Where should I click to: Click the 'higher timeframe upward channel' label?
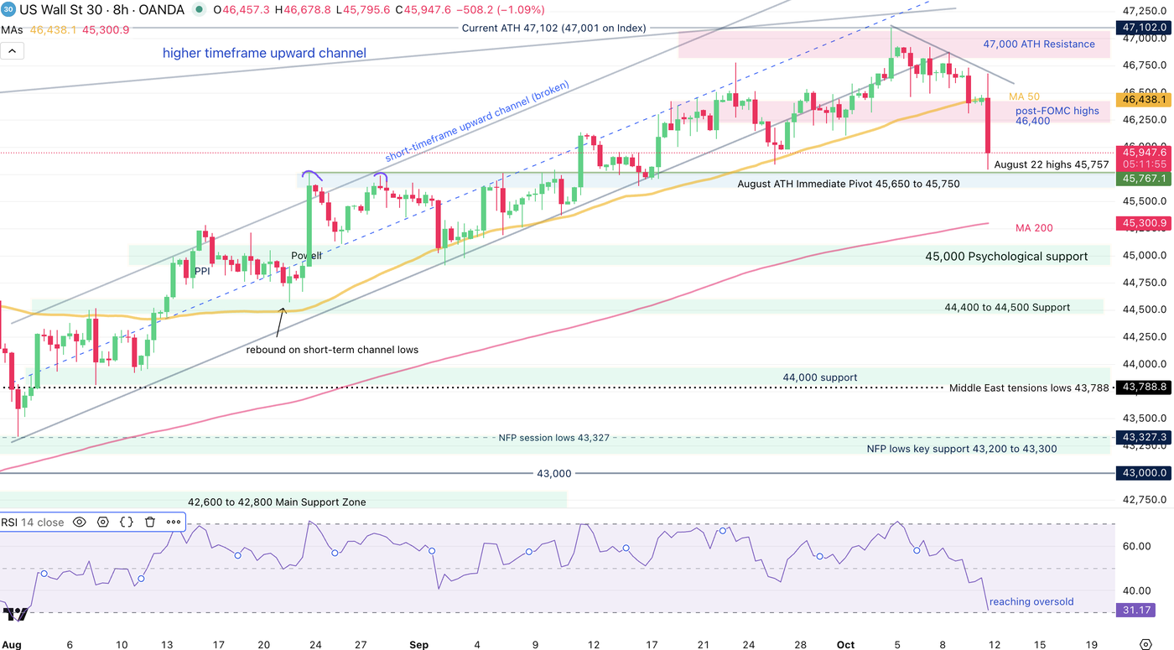tap(264, 54)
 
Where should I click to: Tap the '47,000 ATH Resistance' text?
tap(1039, 44)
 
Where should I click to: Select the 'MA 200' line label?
tap(1034, 228)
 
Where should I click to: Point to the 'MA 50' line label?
tap(1024, 97)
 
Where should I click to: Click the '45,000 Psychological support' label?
tap(1006, 257)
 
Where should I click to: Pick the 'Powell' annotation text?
tap(306, 256)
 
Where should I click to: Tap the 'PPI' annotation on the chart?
tap(202, 271)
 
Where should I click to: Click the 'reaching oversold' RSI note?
tap(1031, 601)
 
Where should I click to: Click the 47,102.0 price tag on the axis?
tap(1142, 27)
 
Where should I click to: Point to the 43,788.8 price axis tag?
tap(1142, 387)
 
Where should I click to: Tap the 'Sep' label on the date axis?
tap(419, 644)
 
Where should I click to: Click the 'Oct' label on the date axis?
tap(845, 644)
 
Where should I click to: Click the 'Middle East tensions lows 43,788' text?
tap(1029, 388)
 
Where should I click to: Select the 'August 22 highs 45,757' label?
tap(1052, 164)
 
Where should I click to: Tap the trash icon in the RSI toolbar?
tap(150, 522)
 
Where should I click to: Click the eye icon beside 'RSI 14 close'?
tap(80, 522)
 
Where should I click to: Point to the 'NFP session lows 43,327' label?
tap(553, 438)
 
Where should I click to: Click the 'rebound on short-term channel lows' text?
tap(332, 350)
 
